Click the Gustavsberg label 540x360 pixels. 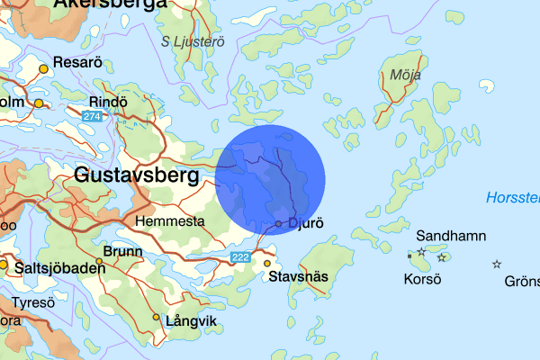coord(137,175)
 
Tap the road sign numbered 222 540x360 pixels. coord(240,258)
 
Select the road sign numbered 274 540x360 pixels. coord(91,118)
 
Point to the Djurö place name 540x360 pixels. coord(306,222)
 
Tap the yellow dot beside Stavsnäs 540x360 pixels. coord(267,264)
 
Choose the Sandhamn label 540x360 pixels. coord(451,237)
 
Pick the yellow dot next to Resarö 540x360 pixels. coord(43,68)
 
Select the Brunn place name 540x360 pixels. coord(122,252)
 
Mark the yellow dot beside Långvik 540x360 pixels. coord(157,317)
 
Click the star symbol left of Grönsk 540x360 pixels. coord(496,265)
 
